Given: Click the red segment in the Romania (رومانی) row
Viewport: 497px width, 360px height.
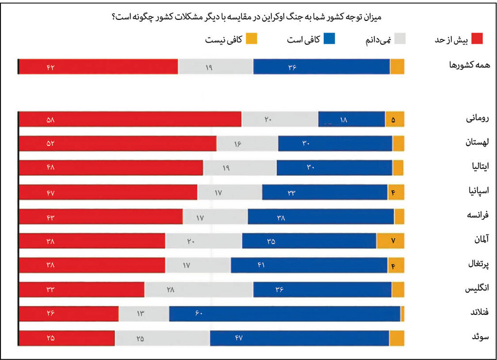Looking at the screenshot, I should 130,119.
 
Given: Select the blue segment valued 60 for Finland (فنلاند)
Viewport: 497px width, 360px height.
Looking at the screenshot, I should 284,313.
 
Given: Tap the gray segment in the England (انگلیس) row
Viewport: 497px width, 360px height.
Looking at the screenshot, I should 199,289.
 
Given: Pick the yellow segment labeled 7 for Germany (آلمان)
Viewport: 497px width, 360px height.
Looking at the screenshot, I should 390,241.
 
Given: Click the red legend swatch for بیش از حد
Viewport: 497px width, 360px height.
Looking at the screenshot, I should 477,39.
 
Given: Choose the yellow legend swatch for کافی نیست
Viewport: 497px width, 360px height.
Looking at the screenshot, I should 251,39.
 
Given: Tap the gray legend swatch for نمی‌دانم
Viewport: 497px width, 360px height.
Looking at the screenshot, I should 399,39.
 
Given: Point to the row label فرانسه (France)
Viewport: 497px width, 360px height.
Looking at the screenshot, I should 477,216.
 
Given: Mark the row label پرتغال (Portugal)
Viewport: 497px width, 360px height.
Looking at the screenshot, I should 478,265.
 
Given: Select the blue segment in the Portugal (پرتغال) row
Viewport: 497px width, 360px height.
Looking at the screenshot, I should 309,265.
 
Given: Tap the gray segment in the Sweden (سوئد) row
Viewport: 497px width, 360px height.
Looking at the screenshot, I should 162,338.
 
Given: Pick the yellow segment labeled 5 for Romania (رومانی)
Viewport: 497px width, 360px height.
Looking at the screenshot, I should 395,119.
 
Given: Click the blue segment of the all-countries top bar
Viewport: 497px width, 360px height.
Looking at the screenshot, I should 321,66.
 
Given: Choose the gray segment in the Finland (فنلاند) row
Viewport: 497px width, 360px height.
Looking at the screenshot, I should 144,313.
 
